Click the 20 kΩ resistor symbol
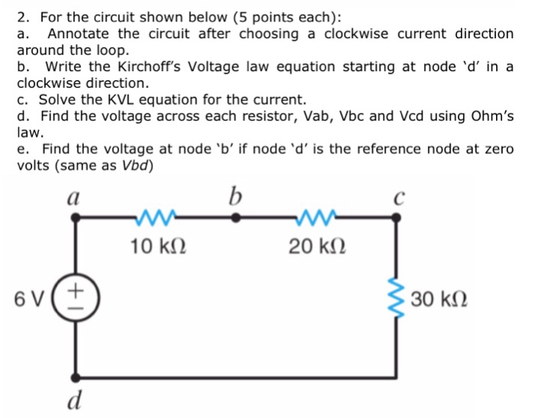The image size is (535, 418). tap(314, 217)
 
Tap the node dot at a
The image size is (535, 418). tap(75, 218)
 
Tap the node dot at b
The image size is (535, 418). tap(235, 218)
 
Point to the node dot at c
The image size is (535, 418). tap(396, 218)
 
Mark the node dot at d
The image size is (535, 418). tap(75, 377)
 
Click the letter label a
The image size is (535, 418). tap(74, 196)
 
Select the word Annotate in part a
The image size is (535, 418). tap(79, 34)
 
